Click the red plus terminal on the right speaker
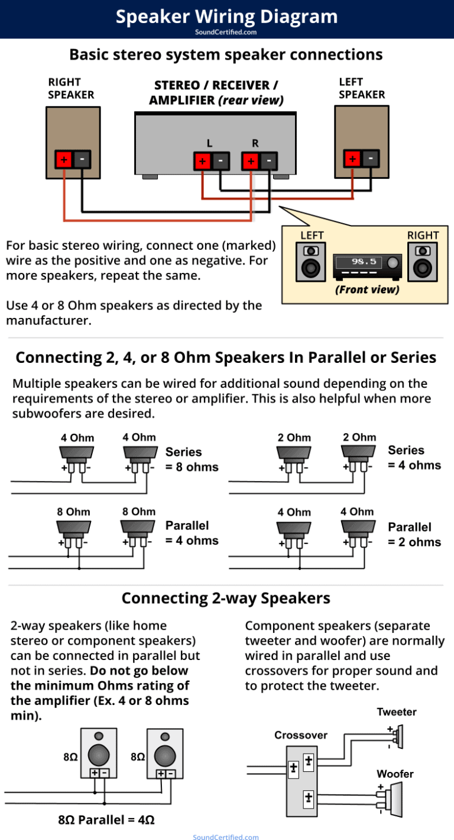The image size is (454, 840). (64, 159)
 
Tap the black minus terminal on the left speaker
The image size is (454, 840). (371, 159)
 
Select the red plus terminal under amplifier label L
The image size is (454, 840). (202, 160)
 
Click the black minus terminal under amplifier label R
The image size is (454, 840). (269, 160)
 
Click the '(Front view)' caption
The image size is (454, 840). (367, 289)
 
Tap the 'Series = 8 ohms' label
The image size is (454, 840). (192, 459)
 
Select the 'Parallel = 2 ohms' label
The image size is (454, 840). (414, 534)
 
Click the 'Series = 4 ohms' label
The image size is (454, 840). (414, 458)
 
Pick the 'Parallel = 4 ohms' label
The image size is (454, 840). (192, 533)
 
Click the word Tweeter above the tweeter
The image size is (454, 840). (397, 712)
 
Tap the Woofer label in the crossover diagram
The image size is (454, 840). (395, 774)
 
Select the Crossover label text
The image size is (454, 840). (300, 735)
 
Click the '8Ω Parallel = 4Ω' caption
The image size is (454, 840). (106, 820)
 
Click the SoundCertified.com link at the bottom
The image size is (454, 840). (226, 836)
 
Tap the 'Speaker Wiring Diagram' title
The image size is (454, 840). (226, 16)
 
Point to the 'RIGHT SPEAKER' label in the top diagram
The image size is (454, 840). (70, 88)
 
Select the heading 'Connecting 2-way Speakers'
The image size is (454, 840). (226, 598)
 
